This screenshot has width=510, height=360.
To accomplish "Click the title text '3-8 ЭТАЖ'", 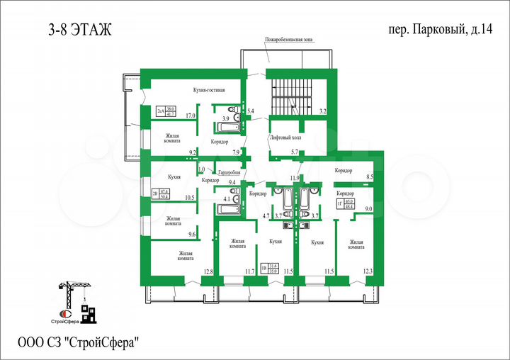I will [x=79, y=30].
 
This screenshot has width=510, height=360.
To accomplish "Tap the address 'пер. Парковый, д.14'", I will [x=431, y=30].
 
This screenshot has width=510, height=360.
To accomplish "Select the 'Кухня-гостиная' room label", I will [x=209, y=91].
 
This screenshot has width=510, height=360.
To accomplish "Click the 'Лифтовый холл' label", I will [x=285, y=137].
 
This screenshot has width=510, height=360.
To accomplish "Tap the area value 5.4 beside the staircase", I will [x=250, y=111].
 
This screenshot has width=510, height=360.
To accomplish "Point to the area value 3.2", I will [x=322, y=111].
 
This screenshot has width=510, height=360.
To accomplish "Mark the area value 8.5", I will [x=369, y=177].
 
